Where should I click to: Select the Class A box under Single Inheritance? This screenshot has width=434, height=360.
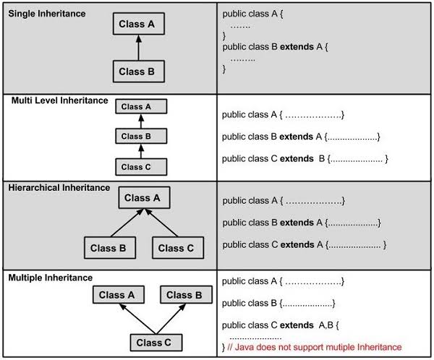[x=138, y=25]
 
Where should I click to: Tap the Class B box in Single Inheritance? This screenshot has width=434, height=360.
[x=138, y=71]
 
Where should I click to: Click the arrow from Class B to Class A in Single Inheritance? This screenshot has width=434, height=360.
[x=138, y=48]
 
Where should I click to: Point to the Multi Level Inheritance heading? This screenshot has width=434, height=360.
[x=59, y=100]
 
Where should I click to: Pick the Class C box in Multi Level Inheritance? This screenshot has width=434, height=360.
[x=142, y=166]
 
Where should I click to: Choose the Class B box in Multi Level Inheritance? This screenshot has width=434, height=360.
[x=142, y=137]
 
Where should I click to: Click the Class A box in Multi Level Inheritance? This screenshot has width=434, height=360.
[x=142, y=107]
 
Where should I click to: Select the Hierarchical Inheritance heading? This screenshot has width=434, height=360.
[x=59, y=188]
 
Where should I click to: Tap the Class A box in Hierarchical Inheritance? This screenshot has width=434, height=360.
[x=142, y=198]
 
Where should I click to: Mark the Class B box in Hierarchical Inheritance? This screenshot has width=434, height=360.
[x=109, y=248]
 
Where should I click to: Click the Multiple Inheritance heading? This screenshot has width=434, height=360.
[x=51, y=278]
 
